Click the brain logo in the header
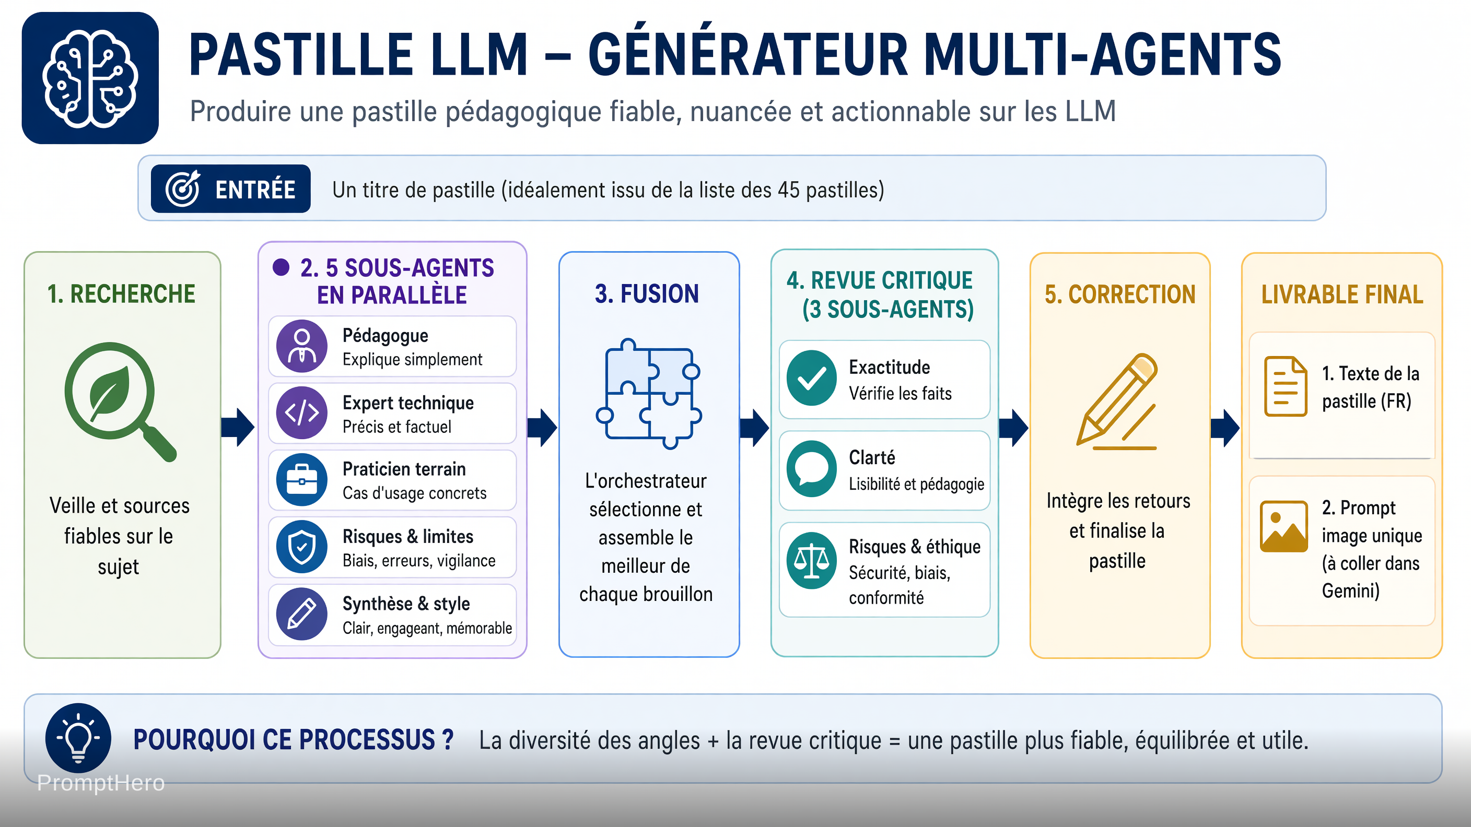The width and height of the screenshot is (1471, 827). pyautogui.click(x=90, y=78)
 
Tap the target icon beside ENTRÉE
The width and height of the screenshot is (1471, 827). pyautogui.click(x=183, y=188)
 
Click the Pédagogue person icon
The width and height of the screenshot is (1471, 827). pyautogui.click(x=301, y=346)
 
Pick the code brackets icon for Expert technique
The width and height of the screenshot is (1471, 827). pyautogui.click(x=301, y=412)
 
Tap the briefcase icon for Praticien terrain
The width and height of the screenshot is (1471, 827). pyautogui.click(x=301, y=479)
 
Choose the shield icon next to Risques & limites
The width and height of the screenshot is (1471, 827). pyautogui.click(x=301, y=547)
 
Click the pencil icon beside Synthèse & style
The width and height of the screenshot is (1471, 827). pyautogui.click(x=301, y=614)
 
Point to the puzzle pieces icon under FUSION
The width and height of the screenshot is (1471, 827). pyautogui.click(x=649, y=394)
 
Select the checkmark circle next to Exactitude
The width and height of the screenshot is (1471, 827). pyautogui.click(x=811, y=378)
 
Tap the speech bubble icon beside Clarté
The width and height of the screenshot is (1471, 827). pyautogui.click(x=811, y=468)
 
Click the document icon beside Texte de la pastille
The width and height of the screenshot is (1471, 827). pyautogui.click(x=1286, y=386)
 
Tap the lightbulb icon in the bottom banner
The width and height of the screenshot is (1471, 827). pyautogui.click(x=78, y=738)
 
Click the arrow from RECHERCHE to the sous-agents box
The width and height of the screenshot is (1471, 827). pyautogui.click(x=238, y=427)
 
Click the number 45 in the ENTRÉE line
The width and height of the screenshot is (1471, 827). pyautogui.click(x=789, y=190)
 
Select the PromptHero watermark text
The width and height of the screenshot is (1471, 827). pyautogui.click(x=101, y=783)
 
